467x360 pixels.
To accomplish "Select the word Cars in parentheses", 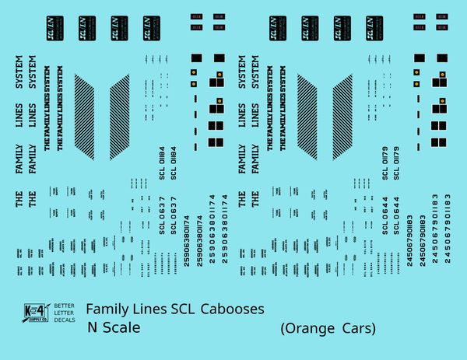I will point(357,329).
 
